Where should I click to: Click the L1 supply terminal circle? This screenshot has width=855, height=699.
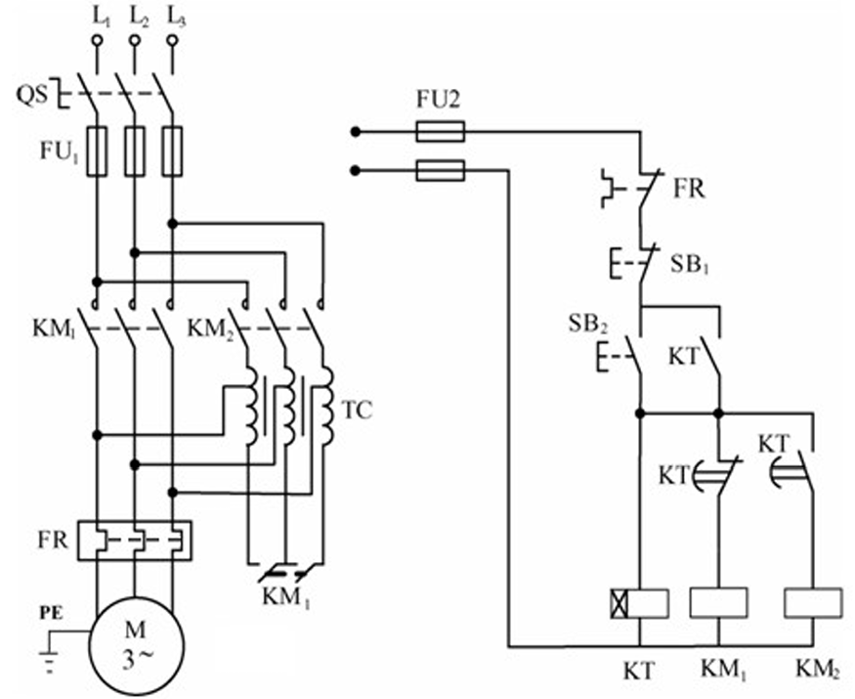[98, 41]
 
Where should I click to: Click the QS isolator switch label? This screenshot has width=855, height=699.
[30, 96]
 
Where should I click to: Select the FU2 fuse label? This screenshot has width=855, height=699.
[439, 100]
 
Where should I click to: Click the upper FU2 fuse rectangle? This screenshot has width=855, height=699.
[440, 132]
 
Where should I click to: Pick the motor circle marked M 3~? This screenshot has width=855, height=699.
[137, 645]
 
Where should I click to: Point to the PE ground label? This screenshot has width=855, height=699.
[51, 612]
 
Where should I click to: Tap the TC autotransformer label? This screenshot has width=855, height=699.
[358, 410]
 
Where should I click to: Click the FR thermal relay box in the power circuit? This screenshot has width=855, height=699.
[135, 541]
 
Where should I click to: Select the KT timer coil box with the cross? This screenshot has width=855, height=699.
[640, 604]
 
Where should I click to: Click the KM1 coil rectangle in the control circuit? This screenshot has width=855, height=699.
[718, 603]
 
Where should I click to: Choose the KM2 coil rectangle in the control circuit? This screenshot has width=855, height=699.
[813, 603]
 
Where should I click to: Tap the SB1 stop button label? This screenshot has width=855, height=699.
[689, 266]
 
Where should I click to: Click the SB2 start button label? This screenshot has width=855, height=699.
[588, 325]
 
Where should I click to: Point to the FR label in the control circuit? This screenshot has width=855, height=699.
[689, 190]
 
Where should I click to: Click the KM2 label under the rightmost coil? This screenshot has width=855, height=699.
[817, 670]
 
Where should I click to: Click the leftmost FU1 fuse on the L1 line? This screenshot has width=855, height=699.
[98, 152]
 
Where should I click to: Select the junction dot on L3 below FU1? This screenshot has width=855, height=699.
[173, 224]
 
